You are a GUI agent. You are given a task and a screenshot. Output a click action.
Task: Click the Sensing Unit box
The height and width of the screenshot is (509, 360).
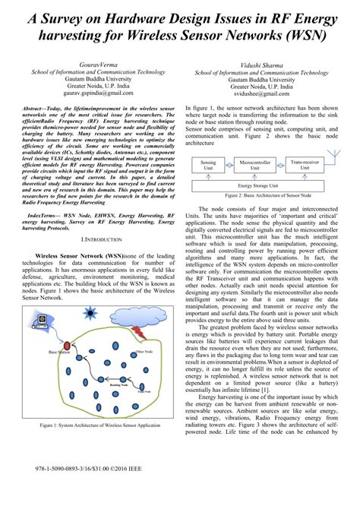click(x=207, y=163)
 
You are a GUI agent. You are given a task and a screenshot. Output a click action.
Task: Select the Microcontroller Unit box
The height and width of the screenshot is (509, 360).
click(x=255, y=163)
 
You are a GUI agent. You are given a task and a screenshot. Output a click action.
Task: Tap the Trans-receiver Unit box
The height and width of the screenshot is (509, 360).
click(x=304, y=163)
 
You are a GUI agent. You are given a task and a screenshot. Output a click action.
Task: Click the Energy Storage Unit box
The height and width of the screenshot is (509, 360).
click(x=255, y=185)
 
